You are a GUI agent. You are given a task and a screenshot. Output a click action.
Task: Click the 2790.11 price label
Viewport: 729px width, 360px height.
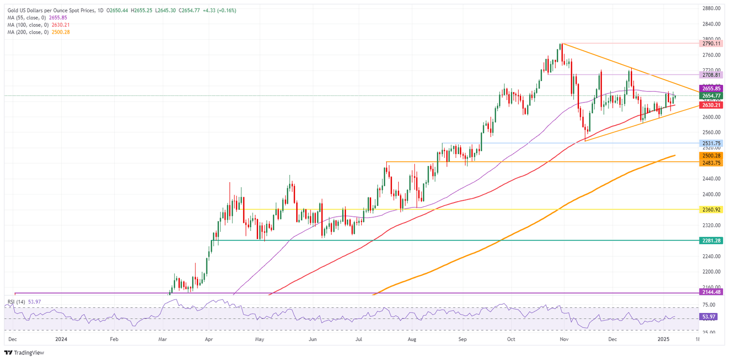coord(711,43)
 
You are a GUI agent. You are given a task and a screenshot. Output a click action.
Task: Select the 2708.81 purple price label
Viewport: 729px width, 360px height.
coord(711,75)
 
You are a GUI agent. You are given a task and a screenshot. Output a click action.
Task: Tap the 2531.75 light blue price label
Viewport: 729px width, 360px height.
coord(711,143)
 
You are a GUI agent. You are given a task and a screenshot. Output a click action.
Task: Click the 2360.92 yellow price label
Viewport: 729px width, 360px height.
coord(711,209)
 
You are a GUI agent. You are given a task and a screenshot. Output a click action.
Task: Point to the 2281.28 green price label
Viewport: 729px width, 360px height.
coord(711,240)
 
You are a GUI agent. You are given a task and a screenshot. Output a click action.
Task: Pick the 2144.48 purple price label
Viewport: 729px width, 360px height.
coord(711,293)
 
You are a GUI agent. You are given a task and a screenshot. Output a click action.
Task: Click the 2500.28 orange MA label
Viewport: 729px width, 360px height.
coord(711,156)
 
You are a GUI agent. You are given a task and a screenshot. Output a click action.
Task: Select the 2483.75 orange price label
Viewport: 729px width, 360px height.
coord(711,162)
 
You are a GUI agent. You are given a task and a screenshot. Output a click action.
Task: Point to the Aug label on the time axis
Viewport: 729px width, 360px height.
coord(411,340)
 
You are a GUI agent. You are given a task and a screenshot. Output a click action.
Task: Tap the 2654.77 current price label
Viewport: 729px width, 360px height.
coord(711,96)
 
